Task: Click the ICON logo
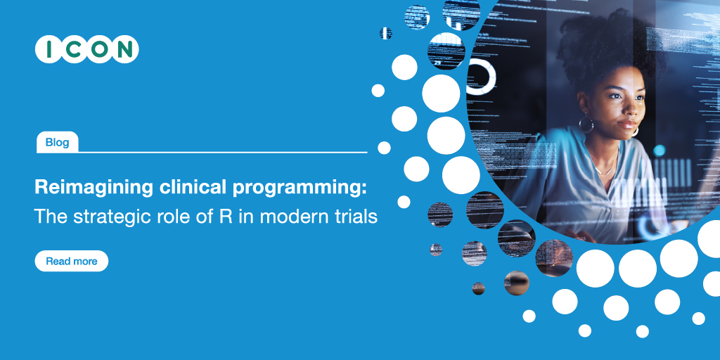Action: pos(86,49)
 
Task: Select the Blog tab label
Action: pos(57,143)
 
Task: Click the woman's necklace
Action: pos(606,169)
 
